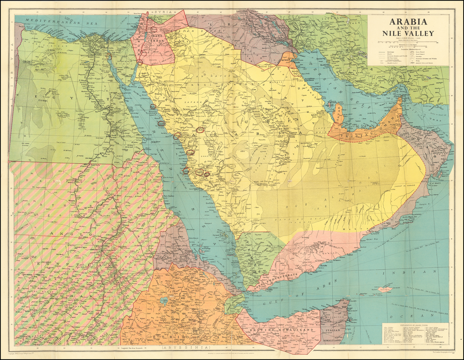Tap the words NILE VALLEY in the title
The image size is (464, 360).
click(408, 33)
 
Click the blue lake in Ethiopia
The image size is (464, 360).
click(162, 301)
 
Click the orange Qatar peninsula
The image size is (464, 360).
click(338, 113)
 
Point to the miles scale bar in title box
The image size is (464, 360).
click(407, 44)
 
